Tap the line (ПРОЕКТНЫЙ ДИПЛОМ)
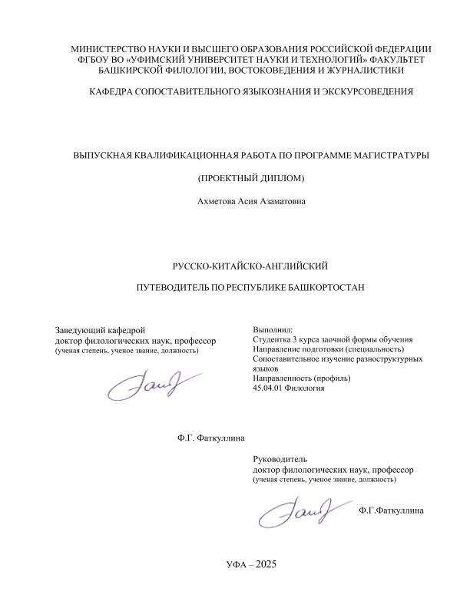click(250, 179)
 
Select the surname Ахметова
click(219, 203)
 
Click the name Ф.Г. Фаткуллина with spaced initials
click(210, 438)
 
